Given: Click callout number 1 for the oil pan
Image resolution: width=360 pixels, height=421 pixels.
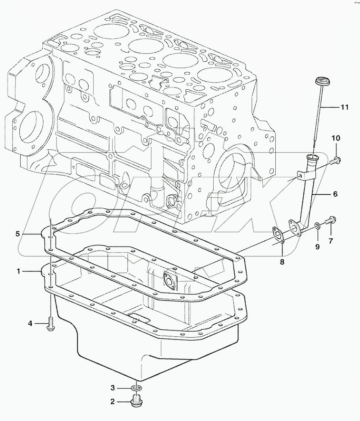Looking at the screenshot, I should (19, 271).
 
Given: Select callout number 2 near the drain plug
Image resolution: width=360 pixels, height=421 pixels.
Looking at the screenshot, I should (112, 402).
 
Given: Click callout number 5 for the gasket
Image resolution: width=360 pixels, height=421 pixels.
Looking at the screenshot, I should (18, 234).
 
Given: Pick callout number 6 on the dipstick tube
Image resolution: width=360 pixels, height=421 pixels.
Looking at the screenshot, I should (335, 194).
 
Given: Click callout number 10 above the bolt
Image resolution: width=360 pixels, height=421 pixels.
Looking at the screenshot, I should (335, 138).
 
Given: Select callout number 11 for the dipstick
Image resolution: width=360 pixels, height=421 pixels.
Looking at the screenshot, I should (345, 107).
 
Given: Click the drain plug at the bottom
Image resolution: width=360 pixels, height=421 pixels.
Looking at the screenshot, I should (137, 402).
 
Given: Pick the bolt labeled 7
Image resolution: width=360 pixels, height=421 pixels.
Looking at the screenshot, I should (332, 219).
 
